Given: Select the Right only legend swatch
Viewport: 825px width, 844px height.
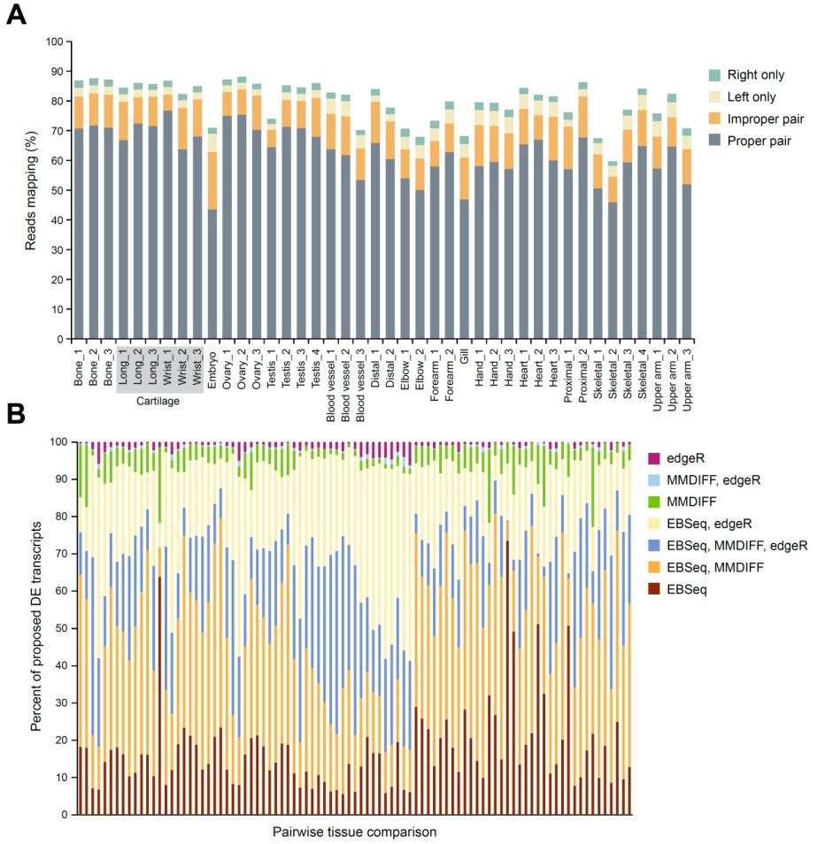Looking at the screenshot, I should tap(715, 75).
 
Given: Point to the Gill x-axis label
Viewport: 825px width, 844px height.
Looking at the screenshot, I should tap(464, 356).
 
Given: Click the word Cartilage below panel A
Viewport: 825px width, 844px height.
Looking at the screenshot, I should tap(160, 401).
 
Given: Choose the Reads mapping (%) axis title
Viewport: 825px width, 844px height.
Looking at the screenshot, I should tap(31, 190).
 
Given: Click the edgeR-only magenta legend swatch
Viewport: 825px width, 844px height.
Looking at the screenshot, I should tap(654, 457).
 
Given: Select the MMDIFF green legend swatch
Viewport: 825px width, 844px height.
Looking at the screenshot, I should tap(654, 502).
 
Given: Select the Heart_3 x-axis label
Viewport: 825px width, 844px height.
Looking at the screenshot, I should tap(552, 364).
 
